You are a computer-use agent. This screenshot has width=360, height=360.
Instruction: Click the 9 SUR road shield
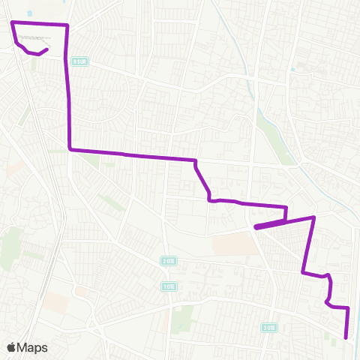[x=79, y=61]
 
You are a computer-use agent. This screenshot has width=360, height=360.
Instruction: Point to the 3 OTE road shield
[x=269, y=327]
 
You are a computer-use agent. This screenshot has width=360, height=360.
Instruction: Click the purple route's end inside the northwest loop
[x=47, y=50]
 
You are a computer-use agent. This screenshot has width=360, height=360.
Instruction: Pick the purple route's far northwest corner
[x=12, y=24]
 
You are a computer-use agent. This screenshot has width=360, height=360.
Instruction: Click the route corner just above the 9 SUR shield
[x=67, y=25]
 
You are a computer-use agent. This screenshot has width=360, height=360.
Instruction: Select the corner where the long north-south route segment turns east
[x=70, y=149]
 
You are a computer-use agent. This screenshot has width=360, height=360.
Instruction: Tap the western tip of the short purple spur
[x=256, y=226]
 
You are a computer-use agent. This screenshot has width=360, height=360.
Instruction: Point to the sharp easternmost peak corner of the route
[x=313, y=217]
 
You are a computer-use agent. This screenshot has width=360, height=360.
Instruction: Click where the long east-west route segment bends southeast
[x=196, y=160]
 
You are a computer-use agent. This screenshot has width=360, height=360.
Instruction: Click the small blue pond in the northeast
[x=292, y=69]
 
